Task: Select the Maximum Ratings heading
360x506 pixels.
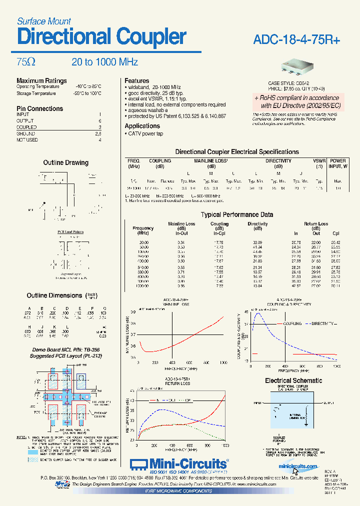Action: pyautogui.click(x=41, y=80)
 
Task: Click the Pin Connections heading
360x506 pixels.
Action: pyautogui.click(x=39, y=108)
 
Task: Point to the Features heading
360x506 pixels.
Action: pyautogui.click(x=136, y=80)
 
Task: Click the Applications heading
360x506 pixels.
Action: pyautogui.click(x=142, y=126)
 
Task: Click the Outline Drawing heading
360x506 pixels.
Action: pyautogui.click(x=65, y=162)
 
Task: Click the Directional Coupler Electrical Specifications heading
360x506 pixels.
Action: pyautogui.click(x=236, y=151)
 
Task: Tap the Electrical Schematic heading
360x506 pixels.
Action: pyautogui.click(x=293, y=380)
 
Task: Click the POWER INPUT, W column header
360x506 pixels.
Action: pyautogui.click(x=338, y=163)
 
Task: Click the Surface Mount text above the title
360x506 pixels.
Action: pyautogui.click(x=44, y=21)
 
